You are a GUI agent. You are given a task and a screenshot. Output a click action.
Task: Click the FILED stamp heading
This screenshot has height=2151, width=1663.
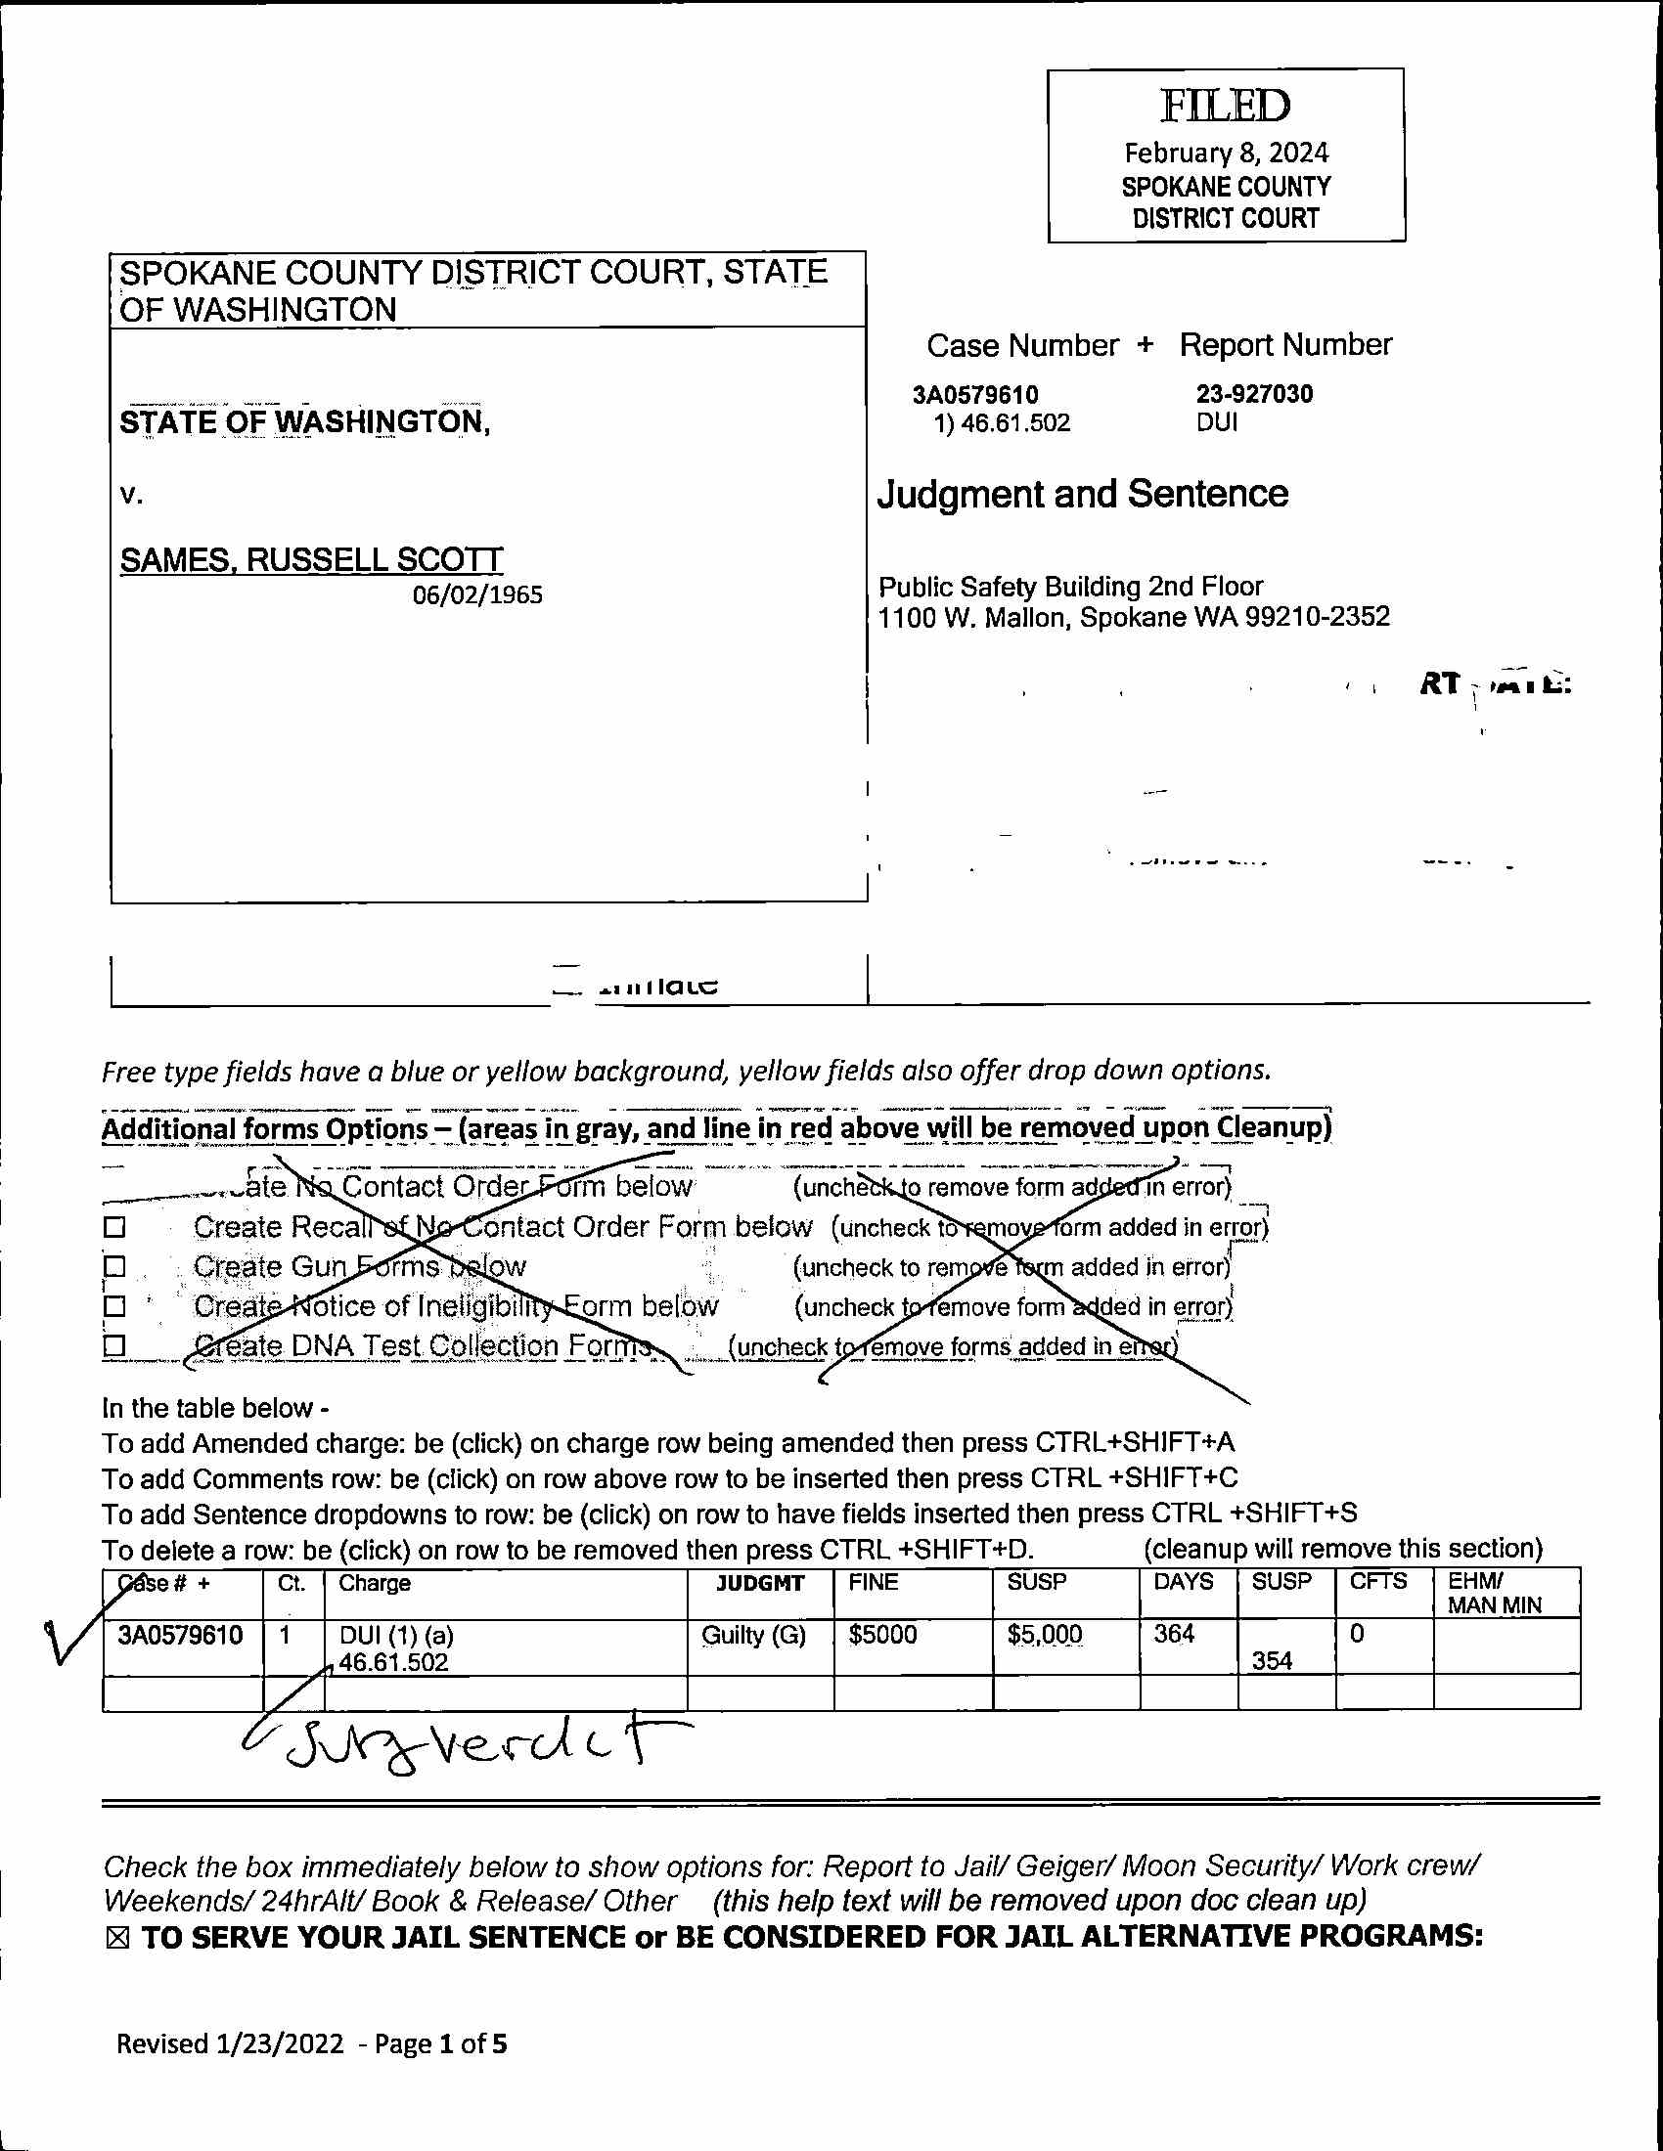tap(1225, 107)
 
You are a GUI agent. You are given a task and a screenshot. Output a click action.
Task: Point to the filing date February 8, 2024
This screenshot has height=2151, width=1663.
tap(1226, 154)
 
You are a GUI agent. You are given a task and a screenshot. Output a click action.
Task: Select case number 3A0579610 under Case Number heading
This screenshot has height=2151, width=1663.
tap(974, 395)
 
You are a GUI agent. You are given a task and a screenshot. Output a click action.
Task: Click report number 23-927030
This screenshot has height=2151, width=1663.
tap(1253, 394)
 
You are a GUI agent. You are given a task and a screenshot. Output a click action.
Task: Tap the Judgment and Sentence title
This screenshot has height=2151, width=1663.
tap(1082, 494)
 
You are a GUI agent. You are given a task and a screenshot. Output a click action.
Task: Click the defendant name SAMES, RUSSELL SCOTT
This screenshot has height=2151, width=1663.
tap(311, 559)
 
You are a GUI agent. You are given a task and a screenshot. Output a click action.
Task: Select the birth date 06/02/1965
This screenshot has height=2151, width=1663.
tap(476, 594)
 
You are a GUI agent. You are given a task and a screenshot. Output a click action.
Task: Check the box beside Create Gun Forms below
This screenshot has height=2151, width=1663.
tap(115, 1265)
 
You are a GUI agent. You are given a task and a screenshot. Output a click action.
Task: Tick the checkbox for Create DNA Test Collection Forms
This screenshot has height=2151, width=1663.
tap(115, 1345)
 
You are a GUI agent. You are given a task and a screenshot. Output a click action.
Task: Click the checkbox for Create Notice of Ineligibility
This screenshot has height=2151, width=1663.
tap(115, 1306)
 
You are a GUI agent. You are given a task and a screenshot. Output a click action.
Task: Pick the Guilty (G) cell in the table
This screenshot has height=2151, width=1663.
tap(753, 1635)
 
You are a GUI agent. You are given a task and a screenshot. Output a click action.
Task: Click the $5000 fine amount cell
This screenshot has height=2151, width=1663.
tap(882, 1635)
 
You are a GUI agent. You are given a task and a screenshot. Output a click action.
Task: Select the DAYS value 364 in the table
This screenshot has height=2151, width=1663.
tap(1174, 1634)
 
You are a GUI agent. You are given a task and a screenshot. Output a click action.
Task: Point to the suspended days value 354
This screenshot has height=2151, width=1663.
tap(1272, 1660)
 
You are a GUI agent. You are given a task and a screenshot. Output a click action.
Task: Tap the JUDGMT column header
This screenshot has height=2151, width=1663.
tap(759, 1583)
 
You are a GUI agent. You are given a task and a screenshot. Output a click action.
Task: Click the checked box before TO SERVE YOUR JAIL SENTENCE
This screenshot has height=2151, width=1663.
tap(117, 1938)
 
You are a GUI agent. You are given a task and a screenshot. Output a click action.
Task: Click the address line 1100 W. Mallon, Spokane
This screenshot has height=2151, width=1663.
tap(1133, 618)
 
